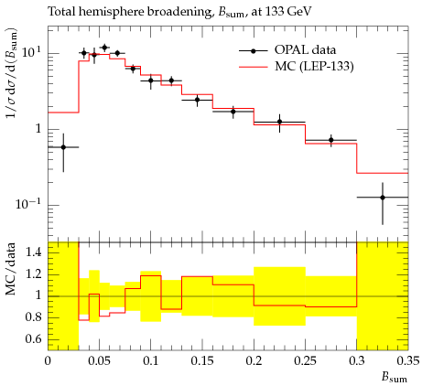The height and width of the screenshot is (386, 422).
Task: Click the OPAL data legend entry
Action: [287, 50]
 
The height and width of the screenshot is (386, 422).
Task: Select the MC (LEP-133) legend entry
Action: [296, 66]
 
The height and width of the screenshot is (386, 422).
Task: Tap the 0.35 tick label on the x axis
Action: [407, 361]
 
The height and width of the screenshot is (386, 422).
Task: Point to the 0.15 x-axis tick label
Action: [202, 361]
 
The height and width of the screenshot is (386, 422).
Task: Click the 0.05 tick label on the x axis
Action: [99, 361]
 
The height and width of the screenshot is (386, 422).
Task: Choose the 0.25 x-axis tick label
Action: [305, 361]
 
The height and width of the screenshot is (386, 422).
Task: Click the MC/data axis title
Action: [11, 269]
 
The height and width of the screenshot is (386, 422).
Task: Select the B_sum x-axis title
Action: [394, 378]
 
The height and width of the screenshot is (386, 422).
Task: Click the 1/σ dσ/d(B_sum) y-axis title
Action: [11, 74]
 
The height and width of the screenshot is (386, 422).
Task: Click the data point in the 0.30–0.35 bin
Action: [383, 198]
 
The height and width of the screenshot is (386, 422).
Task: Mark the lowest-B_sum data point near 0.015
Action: [63, 147]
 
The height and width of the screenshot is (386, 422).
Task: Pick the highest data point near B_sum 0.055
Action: [104, 48]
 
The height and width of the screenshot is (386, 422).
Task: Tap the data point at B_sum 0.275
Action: [331, 140]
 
